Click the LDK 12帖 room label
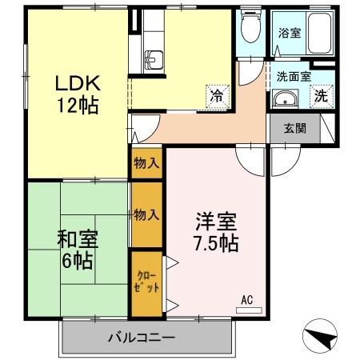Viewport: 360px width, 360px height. coord(77,94)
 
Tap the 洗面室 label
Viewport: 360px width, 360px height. coord(294,78)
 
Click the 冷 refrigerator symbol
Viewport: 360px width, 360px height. coord(216,94)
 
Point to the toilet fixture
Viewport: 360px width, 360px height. coord(250,31)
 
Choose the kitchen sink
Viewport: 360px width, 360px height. coord(153,59)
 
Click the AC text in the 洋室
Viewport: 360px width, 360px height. coord(247,299)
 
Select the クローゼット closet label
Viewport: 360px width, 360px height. coord(146,282)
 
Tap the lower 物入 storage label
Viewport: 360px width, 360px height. coord(146,214)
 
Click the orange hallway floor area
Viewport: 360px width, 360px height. coord(208,124)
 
